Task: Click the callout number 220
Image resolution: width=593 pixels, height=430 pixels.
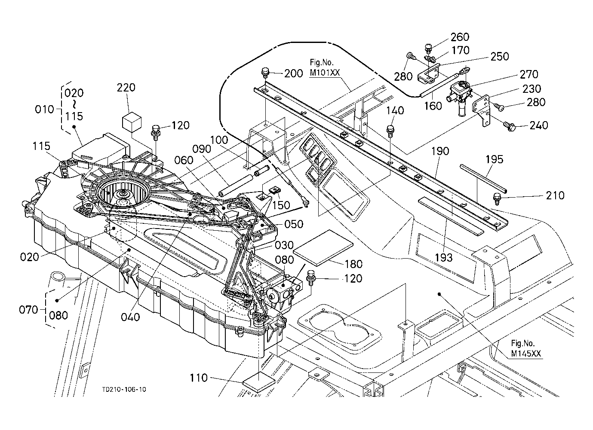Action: [x=126, y=88]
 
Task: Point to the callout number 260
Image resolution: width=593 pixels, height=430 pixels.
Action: [x=460, y=37]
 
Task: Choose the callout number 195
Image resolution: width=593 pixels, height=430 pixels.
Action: [x=494, y=160]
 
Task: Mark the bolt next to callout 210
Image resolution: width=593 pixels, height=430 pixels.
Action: [x=498, y=198]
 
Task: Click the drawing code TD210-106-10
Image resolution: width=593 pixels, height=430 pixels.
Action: [x=124, y=390]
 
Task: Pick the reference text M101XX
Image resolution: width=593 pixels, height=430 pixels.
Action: [x=324, y=73]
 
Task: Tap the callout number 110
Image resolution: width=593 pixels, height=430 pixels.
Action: [x=198, y=378]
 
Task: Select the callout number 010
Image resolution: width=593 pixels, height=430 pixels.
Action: [x=44, y=109]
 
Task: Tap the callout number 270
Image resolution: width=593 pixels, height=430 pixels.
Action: [x=529, y=75]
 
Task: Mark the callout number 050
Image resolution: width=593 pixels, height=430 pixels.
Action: [x=294, y=224]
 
